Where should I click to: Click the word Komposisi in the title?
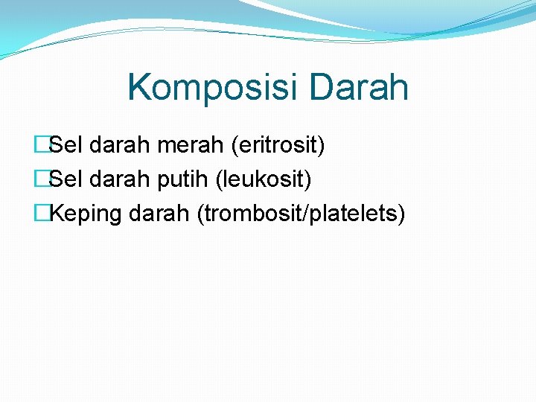click(212, 87)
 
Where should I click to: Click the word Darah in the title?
click(358, 87)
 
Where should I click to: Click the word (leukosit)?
click(264, 179)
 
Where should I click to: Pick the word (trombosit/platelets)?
click(301, 214)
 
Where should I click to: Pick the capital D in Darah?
click(322, 87)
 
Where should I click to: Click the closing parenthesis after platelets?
click(401, 214)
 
